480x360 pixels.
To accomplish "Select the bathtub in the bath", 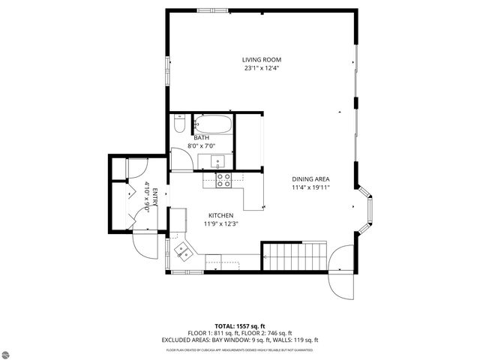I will [x=214, y=124].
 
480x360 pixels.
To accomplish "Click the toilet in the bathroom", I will [x=178, y=123].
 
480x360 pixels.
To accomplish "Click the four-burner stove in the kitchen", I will [x=223, y=179].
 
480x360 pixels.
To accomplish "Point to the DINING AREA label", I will [x=311, y=178].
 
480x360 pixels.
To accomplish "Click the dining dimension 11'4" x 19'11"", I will [x=311, y=187].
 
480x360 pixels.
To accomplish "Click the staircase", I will [x=295, y=256].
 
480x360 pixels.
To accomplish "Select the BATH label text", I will [x=201, y=138].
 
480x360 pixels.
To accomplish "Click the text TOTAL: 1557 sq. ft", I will [x=239, y=325].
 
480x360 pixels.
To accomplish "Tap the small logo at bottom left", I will [x=12, y=347].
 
